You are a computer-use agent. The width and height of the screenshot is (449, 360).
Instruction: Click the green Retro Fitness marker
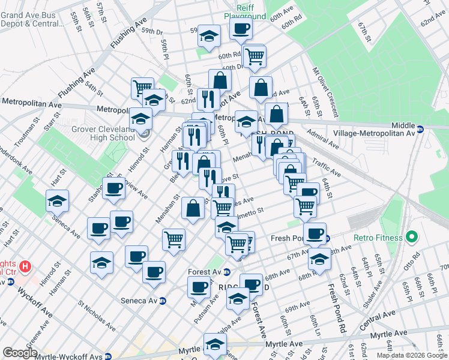[411, 238]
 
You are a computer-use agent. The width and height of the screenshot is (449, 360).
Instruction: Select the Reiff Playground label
[246, 11]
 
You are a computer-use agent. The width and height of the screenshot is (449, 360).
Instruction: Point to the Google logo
[20, 353]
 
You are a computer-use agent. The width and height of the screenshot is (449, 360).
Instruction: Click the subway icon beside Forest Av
[227, 272]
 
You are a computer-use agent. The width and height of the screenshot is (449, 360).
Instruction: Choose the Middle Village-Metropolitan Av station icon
[420, 128]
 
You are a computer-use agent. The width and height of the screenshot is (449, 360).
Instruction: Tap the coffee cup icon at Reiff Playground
[241, 28]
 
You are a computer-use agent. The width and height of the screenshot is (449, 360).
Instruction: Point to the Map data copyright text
[411, 355]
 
